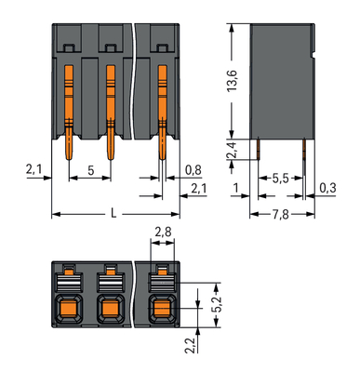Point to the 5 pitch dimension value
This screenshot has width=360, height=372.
click(x=89, y=170)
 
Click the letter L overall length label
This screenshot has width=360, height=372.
click(x=113, y=213)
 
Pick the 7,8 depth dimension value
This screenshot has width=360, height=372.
click(x=281, y=213)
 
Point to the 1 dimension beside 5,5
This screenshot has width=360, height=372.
click(x=238, y=189)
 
